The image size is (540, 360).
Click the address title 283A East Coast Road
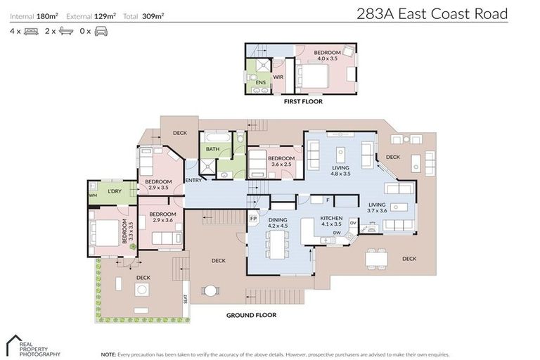tap(432, 14)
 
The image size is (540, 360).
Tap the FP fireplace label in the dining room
tap(253, 219)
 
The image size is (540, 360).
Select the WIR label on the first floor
tap(278, 77)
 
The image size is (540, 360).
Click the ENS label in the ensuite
tap(261, 82)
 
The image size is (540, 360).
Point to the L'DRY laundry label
tap(115, 191)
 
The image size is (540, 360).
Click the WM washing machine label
tap(93, 195)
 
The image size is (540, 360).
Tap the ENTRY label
tap(193, 180)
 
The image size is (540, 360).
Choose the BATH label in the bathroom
tap(213, 149)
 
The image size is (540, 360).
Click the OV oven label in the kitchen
tap(353, 223)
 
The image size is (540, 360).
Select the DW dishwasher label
tap(337, 233)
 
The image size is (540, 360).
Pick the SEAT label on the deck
tap(186, 299)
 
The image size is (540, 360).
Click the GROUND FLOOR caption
tap(252, 315)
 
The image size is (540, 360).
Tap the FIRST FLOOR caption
tap(303, 101)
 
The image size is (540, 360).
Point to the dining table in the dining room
tap(277, 244)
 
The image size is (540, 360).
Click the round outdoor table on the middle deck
tap(210, 291)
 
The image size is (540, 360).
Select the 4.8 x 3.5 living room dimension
tap(340, 174)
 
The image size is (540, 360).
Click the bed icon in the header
tap(32, 32)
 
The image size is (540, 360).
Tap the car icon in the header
tap(101, 32)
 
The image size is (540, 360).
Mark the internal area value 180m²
tap(48, 16)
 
